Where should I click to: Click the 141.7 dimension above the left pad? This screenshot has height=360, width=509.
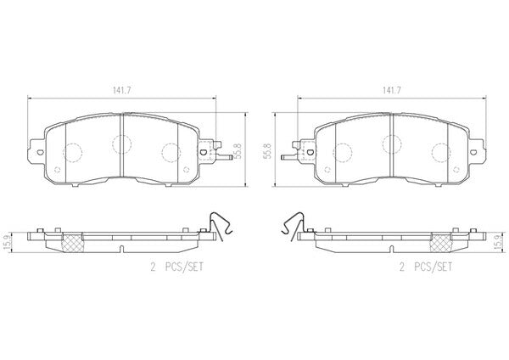click(x=121, y=91)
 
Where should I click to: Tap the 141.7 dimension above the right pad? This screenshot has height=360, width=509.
click(x=391, y=91)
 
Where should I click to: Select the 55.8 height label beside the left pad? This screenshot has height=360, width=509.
click(x=238, y=150)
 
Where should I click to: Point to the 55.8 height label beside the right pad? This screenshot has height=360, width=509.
click(x=268, y=150)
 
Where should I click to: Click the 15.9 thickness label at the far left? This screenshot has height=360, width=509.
click(x=6, y=242)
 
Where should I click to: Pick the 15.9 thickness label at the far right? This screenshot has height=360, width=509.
click(x=502, y=242)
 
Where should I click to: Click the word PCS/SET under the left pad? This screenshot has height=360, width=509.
click(x=184, y=267)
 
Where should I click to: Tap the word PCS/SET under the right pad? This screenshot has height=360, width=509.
click(x=433, y=267)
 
